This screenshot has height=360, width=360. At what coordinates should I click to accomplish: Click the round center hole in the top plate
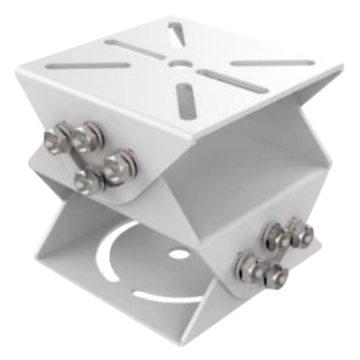pos(178,63)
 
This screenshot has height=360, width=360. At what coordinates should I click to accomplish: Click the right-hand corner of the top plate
pos(337,70)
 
